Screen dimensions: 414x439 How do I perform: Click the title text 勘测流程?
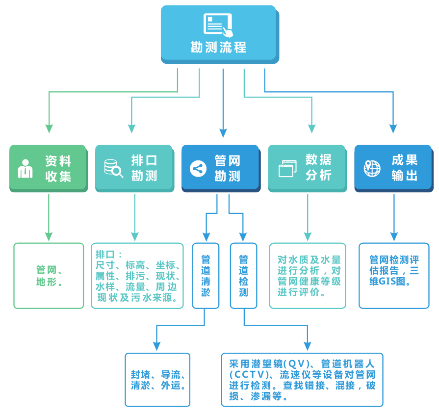coord(218,48)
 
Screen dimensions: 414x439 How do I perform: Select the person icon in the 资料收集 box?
coord(25,168)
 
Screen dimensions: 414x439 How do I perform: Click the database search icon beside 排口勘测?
coord(113,168)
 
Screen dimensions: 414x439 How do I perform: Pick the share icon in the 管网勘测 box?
coord(198,168)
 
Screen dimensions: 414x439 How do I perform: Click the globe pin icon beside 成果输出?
coord(372,168)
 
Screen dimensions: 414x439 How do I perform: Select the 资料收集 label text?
coord(58,168)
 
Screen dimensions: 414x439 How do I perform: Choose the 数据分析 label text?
coord(319,168)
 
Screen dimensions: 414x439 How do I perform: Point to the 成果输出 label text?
coord(405,168)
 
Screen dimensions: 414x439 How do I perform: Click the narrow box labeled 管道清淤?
coord(206,276)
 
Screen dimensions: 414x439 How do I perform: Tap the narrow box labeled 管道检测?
coord(243,276)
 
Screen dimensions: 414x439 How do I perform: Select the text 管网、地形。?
coord(49,276)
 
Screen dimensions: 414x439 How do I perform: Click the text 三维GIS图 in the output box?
coord(387,282)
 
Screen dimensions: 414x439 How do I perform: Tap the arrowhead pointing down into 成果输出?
coord(393,129)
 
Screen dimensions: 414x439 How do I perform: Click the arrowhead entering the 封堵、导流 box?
coord(157,347)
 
